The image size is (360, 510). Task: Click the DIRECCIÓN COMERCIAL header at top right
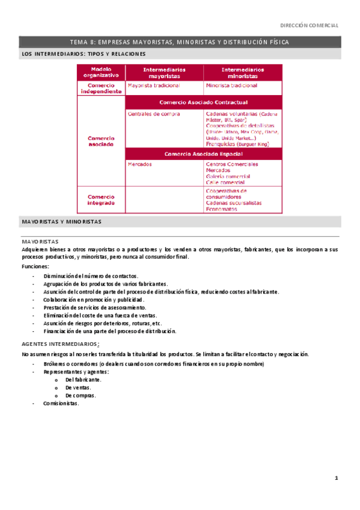[310, 25]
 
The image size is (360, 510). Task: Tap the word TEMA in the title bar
[79, 43]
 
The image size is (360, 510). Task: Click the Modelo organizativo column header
[101, 73]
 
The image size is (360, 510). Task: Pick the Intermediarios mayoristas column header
[164, 73]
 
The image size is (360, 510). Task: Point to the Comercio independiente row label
[101, 88]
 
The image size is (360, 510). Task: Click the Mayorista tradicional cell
[150, 85]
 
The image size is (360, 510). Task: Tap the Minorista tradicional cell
[231, 85]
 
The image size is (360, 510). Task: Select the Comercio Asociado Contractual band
[203, 102]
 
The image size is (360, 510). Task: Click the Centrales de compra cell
[150, 113]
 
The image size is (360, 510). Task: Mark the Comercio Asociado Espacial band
[203, 153]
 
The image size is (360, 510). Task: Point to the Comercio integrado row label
[101, 199]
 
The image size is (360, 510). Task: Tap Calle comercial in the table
[225, 182]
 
